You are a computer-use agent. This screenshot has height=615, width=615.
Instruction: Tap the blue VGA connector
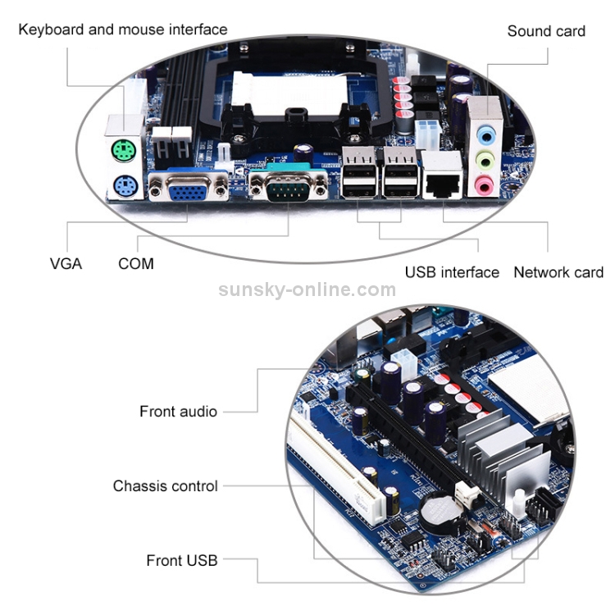coord(188,190)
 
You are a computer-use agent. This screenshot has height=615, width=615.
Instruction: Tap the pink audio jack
coord(486,185)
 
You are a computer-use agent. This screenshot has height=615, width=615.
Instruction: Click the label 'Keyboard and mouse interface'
coord(123,30)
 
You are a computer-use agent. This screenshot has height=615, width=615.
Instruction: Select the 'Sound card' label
coord(546,31)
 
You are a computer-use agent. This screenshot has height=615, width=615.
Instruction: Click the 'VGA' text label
coord(66,264)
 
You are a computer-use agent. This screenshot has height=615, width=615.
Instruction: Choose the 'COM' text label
coord(135,264)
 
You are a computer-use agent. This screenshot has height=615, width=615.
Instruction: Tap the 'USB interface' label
coord(452,272)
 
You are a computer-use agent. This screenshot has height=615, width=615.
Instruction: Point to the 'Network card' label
coord(558,272)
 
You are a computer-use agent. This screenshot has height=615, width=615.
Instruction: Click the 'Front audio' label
coord(178,412)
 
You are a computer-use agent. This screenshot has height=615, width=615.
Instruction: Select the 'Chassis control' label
coord(166,486)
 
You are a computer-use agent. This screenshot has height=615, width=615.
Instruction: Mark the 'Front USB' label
coord(182,561)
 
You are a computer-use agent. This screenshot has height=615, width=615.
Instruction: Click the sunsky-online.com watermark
coord(307,289)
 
